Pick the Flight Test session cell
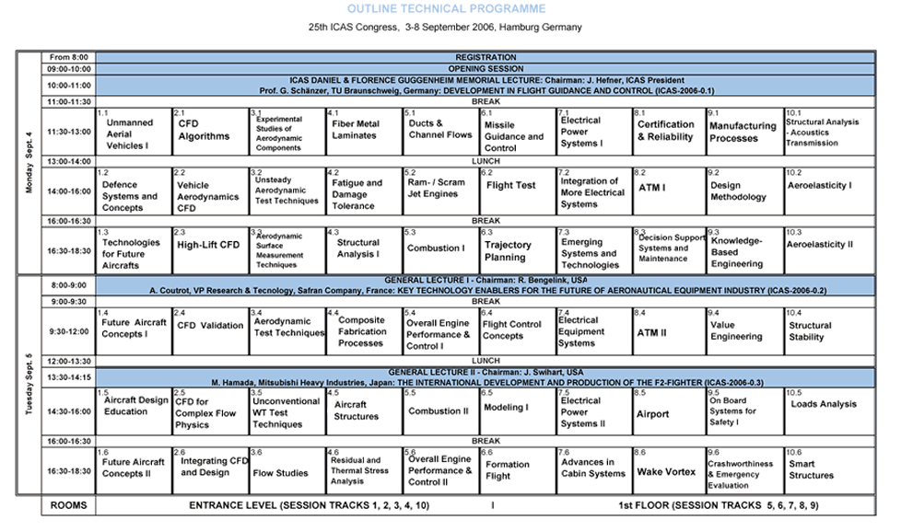(510, 185)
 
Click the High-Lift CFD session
(207, 246)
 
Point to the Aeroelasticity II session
(819, 246)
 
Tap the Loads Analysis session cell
(823, 404)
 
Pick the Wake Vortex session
(663, 472)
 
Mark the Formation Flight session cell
(509, 469)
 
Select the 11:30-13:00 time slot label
(69, 132)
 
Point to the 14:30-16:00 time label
(69, 411)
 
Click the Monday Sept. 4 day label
(29, 162)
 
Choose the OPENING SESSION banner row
(484, 69)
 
